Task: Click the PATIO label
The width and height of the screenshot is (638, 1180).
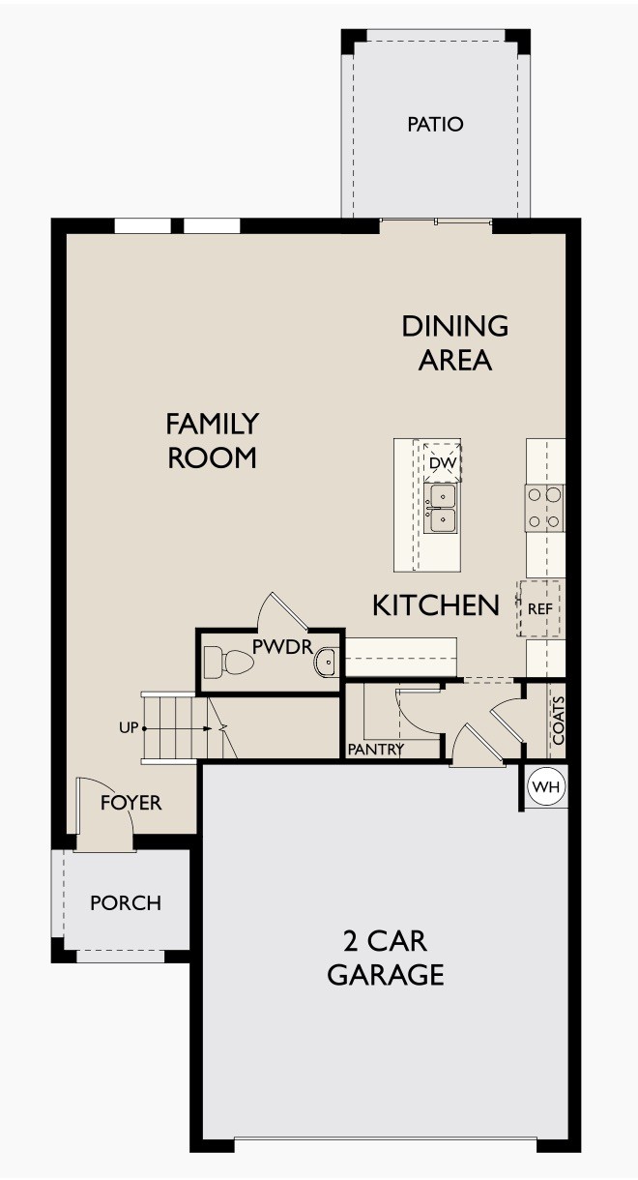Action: [435, 125]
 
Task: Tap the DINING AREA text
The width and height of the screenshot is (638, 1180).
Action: [454, 342]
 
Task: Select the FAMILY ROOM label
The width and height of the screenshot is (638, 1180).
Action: [212, 440]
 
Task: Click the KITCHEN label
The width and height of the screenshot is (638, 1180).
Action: [436, 606]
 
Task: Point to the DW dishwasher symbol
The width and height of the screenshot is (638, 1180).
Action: [442, 463]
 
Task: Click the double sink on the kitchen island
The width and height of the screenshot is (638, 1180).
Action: [442, 508]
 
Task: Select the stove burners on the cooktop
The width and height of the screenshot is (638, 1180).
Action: [544, 508]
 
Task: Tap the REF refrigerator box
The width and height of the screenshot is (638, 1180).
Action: [539, 609]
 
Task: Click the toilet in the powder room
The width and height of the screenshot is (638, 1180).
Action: [235, 664]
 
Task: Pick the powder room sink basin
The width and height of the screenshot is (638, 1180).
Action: [325, 663]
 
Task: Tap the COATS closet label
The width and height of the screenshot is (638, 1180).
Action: [557, 721]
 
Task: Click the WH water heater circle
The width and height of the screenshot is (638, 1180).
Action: [546, 787]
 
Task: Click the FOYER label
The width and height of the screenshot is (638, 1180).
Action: [131, 803]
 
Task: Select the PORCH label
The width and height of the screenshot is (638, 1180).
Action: [126, 903]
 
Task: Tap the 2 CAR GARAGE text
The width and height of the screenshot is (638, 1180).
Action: [385, 957]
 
